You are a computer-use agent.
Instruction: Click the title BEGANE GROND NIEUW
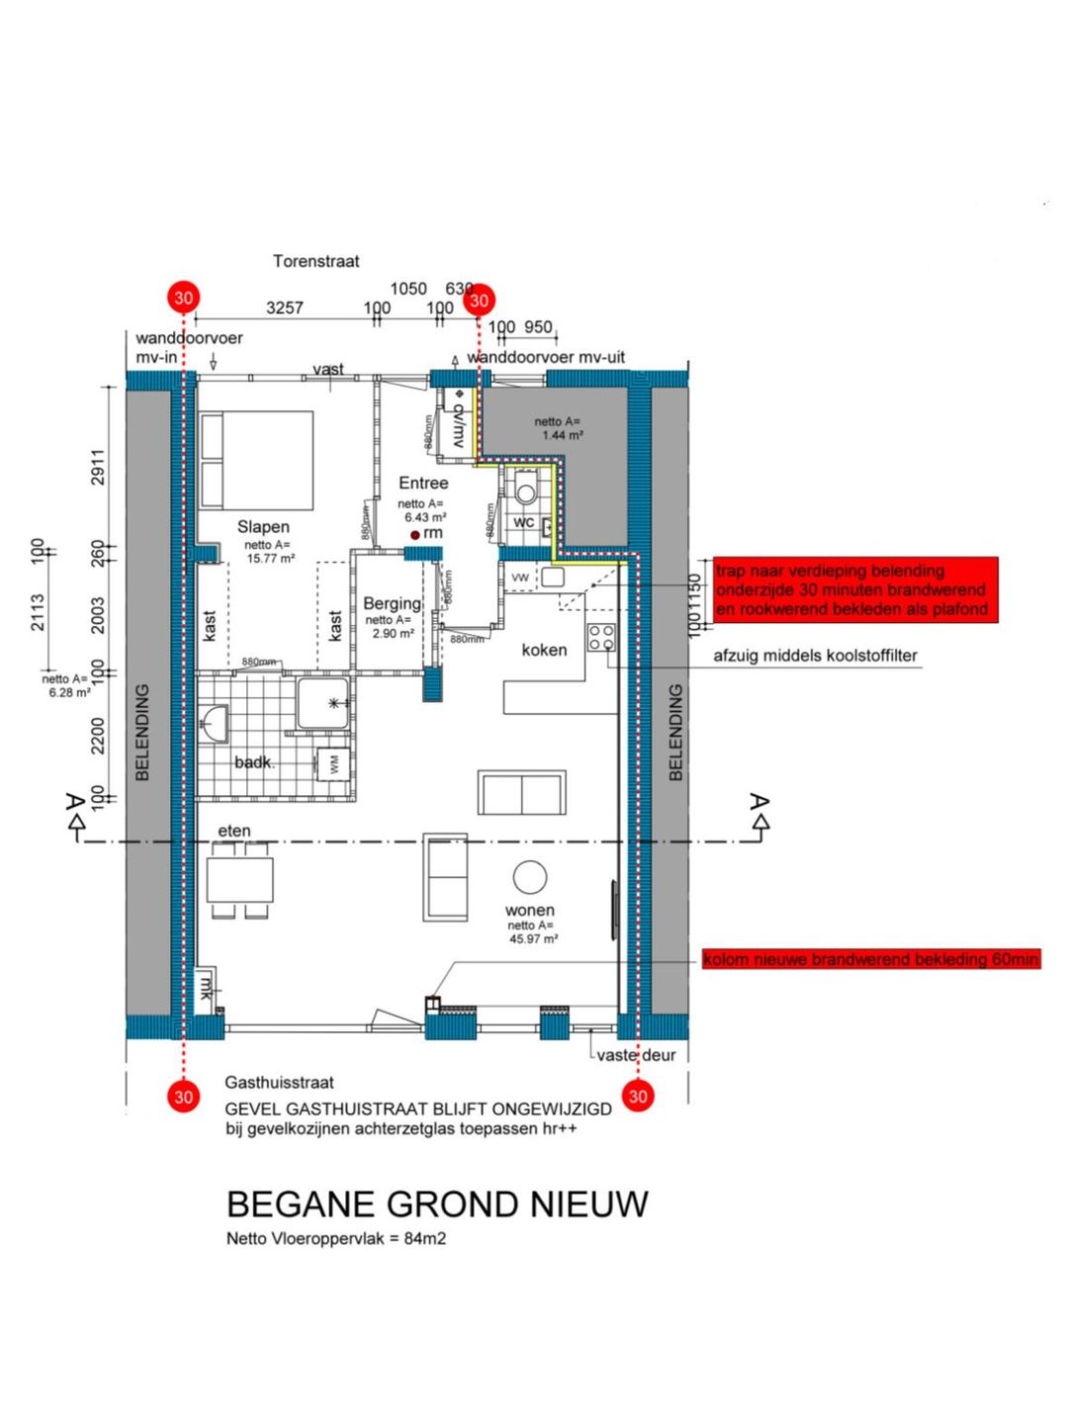[x=437, y=1204]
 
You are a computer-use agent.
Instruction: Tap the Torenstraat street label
[x=315, y=261]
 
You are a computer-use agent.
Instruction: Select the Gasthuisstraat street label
[x=279, y=1082]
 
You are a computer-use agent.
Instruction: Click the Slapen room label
[x=263, y=527]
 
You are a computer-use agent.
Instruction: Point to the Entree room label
[x=423, y=483]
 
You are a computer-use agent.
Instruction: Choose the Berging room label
[x=392, y=603]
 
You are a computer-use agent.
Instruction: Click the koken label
[x=544, y=650]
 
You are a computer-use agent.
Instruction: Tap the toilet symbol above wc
[x=525, y=489]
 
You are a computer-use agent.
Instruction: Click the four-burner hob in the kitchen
[x=601, y=638]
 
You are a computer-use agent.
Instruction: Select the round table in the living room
[x=530, y=876]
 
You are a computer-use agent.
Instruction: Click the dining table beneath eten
[x=239, y=879]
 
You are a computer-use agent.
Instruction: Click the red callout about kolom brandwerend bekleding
[x=870, y=959]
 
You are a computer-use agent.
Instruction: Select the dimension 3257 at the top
[x=284, y=308]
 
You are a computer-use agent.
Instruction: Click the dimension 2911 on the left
[x=97, y=466]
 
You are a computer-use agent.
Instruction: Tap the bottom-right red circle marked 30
[x=638, y=1096]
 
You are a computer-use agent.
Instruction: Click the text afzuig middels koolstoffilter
[x=815, y=656]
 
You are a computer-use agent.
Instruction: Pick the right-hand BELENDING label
[x=675, y=733]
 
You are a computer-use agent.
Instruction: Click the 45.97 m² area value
[x=533, y=938]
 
